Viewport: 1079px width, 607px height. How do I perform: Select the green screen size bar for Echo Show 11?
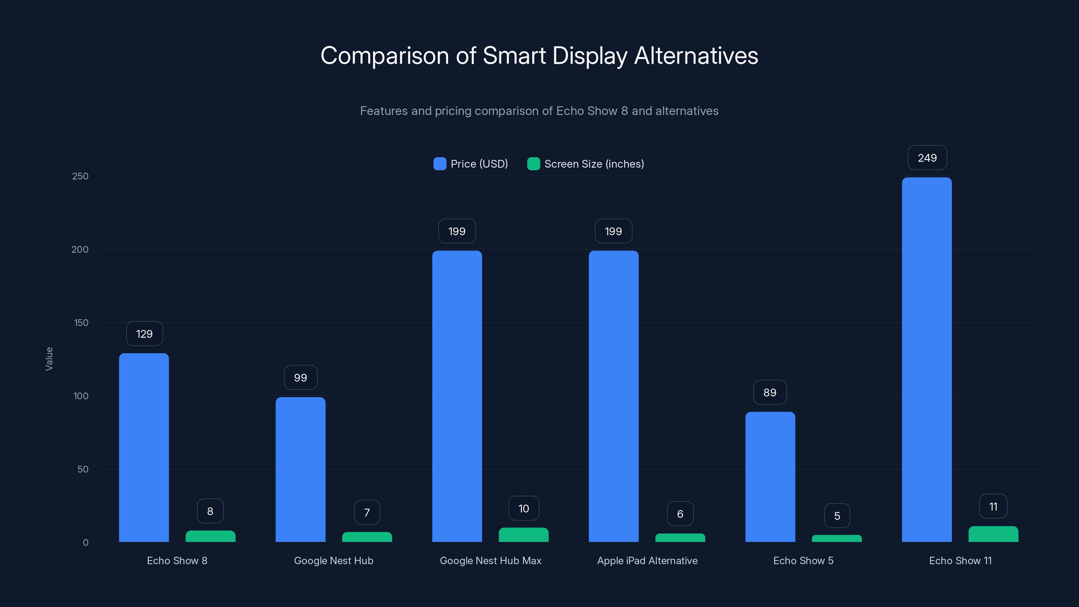[x=993, y=534]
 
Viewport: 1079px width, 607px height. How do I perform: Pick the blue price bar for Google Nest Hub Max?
[x=457, y=396]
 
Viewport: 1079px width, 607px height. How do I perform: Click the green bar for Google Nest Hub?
[x=367, y=537]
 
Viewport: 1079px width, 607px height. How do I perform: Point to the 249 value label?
[x=927, y=158]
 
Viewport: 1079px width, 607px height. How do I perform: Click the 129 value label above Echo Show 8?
[x=144, y=334]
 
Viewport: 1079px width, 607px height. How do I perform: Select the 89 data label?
[x=769, y=393]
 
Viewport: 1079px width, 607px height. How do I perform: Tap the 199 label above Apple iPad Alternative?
[x=613, y=231]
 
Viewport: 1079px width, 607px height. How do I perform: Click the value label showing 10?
[x=524, y=509]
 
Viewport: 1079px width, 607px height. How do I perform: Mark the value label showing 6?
[x=680, y=514]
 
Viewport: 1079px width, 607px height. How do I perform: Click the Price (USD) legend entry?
[x=471, y=164]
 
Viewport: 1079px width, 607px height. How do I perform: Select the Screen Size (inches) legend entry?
[x=586, y=164]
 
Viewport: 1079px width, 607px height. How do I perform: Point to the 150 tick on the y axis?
[x=81, y=323]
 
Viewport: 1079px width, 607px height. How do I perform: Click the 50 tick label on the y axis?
[x=83, y=469]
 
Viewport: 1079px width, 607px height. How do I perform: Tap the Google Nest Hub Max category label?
[x=491, y=560]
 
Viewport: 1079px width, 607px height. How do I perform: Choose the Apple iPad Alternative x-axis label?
[x=647, y=560]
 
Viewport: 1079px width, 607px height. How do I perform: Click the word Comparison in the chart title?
[x=384, y=56]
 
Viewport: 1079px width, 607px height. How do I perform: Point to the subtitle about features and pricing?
[x=539, y=111]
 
